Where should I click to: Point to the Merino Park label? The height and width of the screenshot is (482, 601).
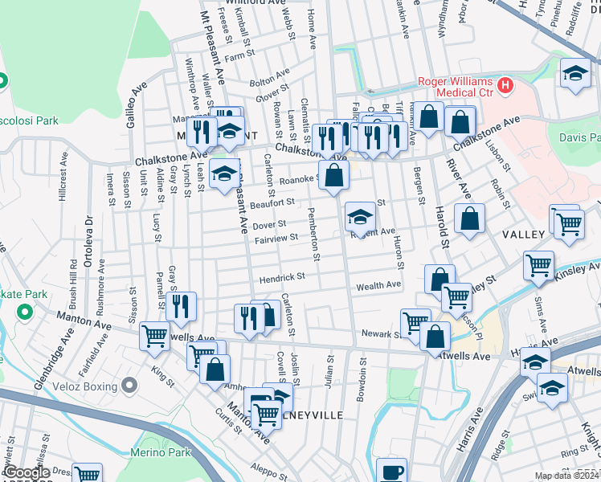(162, 453)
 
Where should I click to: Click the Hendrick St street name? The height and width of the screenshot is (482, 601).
(282, 278)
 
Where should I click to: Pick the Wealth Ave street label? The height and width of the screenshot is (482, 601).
(378, 285)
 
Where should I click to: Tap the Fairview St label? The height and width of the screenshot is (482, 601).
(276, 239)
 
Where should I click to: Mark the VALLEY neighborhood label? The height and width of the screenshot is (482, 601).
(523, 235)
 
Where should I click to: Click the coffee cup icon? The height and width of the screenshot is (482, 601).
(391, 472)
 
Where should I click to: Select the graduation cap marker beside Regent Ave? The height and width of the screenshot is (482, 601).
(360, 216)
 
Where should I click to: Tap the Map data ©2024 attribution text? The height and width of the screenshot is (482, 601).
(566, 476)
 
